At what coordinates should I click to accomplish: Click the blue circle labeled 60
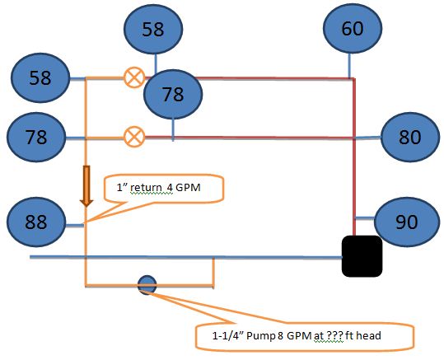(x=353, y=28)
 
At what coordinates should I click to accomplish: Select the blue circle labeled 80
(x=410, y=137)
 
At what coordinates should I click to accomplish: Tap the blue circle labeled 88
(x=36, y=222)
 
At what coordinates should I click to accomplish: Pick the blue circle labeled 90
(x=407, y=222)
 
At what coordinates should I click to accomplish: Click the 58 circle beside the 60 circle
(x=153, y=29)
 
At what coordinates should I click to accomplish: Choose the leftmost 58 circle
(x=40, y=77)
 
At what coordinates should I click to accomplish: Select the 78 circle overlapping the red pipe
(x=173, y=94)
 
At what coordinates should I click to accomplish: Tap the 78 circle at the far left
(x=36, y=137)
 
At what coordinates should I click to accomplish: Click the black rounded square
(x=362, y=256)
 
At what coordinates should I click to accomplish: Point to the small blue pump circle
(x=147, y=285)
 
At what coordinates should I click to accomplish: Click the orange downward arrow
(x=86, y=186)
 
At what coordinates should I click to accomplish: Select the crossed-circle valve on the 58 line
(x=134, y=77)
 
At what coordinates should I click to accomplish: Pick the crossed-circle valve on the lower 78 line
(x=134, y=137)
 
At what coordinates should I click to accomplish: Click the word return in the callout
(x=146, y=188)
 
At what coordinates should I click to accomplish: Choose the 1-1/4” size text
(x=228, y=336)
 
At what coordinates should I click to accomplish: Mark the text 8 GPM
(x=295, y=336)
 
